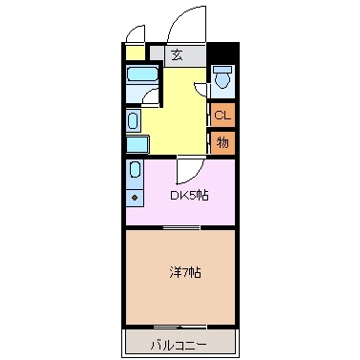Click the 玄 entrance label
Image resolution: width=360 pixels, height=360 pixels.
click(x=179, y=54)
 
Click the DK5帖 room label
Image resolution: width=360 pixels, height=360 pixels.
click(x=189, y=196)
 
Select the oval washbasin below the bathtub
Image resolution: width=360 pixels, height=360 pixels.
click(x=133, y=119)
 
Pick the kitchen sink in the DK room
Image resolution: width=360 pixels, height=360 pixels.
click(x=135, y=173)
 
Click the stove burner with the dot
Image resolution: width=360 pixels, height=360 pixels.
click(x=135, y=198)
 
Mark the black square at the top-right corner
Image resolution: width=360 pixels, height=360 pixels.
click(x=222, y=53)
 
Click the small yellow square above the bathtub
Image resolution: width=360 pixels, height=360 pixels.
click(x=136, y=53)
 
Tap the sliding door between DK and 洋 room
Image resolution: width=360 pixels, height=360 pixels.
click(x=180, y=227)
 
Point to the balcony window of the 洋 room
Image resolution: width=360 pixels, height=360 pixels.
click(x=180, y=328)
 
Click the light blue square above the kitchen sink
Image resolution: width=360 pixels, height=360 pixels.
click(x=137, y=145)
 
